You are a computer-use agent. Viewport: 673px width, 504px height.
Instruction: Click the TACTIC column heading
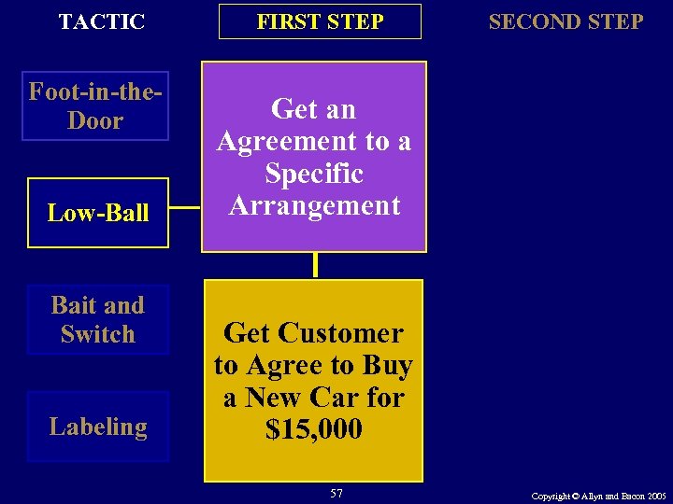[101, 21]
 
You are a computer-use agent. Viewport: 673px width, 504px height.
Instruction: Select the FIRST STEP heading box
[320, 21]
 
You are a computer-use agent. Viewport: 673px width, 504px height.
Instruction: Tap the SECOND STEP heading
[566, 21]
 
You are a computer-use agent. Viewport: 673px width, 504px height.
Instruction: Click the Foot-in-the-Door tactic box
[95, 106]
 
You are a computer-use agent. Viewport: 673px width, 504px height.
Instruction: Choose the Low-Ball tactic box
[98, 213]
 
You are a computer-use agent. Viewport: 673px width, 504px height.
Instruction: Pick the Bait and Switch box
[98, 319]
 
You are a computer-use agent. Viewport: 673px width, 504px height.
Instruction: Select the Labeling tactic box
[98, 427]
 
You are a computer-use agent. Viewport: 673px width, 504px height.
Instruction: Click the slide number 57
[336, 493]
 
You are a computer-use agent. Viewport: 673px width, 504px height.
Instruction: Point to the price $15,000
[314, 430]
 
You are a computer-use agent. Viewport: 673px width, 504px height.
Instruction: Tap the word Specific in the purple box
[314, 174]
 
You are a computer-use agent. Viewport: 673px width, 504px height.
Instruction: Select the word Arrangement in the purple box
[314, 205]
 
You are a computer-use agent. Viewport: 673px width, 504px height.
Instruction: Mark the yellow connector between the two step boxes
[316, 265]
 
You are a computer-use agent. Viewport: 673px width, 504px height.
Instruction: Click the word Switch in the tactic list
[98, 334]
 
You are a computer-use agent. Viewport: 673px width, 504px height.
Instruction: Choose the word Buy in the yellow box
[387, 366]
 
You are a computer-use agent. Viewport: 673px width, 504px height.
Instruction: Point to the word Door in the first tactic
[95, 121]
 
